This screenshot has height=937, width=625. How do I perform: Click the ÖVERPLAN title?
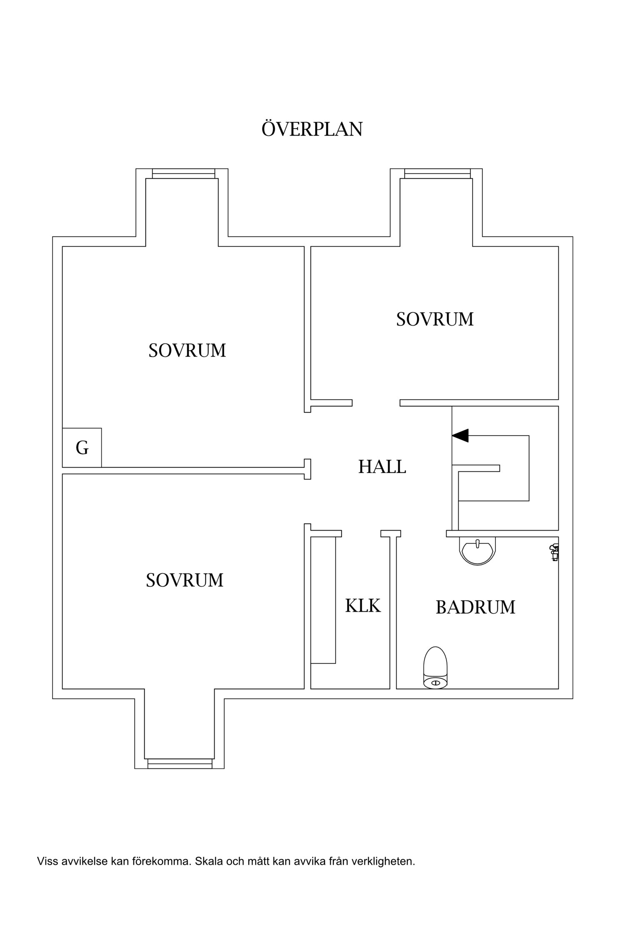coord(312,129)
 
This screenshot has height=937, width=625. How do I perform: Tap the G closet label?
coord(82,448)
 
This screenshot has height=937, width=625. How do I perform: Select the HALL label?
coord(382,467)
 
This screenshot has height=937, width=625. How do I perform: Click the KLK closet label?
coord(363,606)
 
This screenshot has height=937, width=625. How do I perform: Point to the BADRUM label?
coord(475,607)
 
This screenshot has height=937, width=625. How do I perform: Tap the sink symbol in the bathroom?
coord(477,550)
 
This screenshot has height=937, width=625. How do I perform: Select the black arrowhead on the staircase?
coord(460,436)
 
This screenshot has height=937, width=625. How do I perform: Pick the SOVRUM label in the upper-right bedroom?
coord(435,319)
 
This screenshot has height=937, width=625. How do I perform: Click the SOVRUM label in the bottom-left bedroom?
coord(185,580)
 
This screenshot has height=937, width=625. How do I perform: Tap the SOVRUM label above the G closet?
coord(187,351)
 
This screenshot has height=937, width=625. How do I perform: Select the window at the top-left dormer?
coord(183,174)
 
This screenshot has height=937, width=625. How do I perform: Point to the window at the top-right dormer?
coord(437,174)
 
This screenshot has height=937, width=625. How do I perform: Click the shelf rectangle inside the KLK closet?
coord(323,600)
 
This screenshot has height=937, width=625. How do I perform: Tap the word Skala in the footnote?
coord(209,861)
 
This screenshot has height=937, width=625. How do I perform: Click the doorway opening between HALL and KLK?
coord(361,533)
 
